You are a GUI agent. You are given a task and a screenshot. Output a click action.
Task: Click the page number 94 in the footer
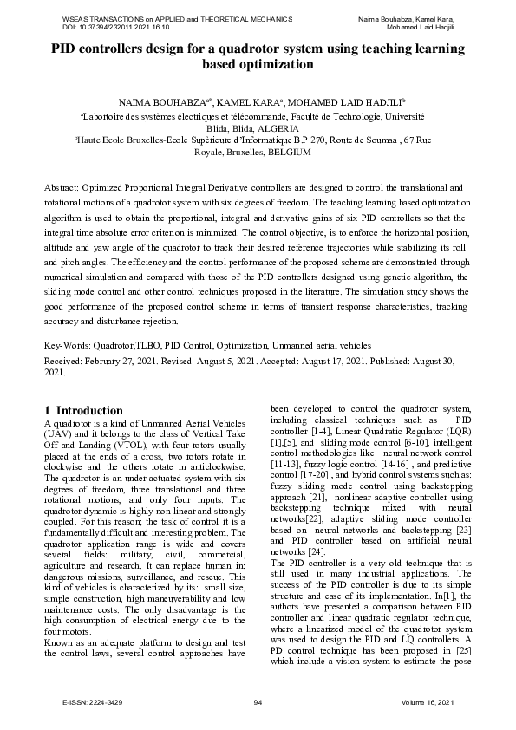click(258, 701)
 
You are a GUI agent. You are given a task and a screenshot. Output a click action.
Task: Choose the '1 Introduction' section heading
click(83, 410)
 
